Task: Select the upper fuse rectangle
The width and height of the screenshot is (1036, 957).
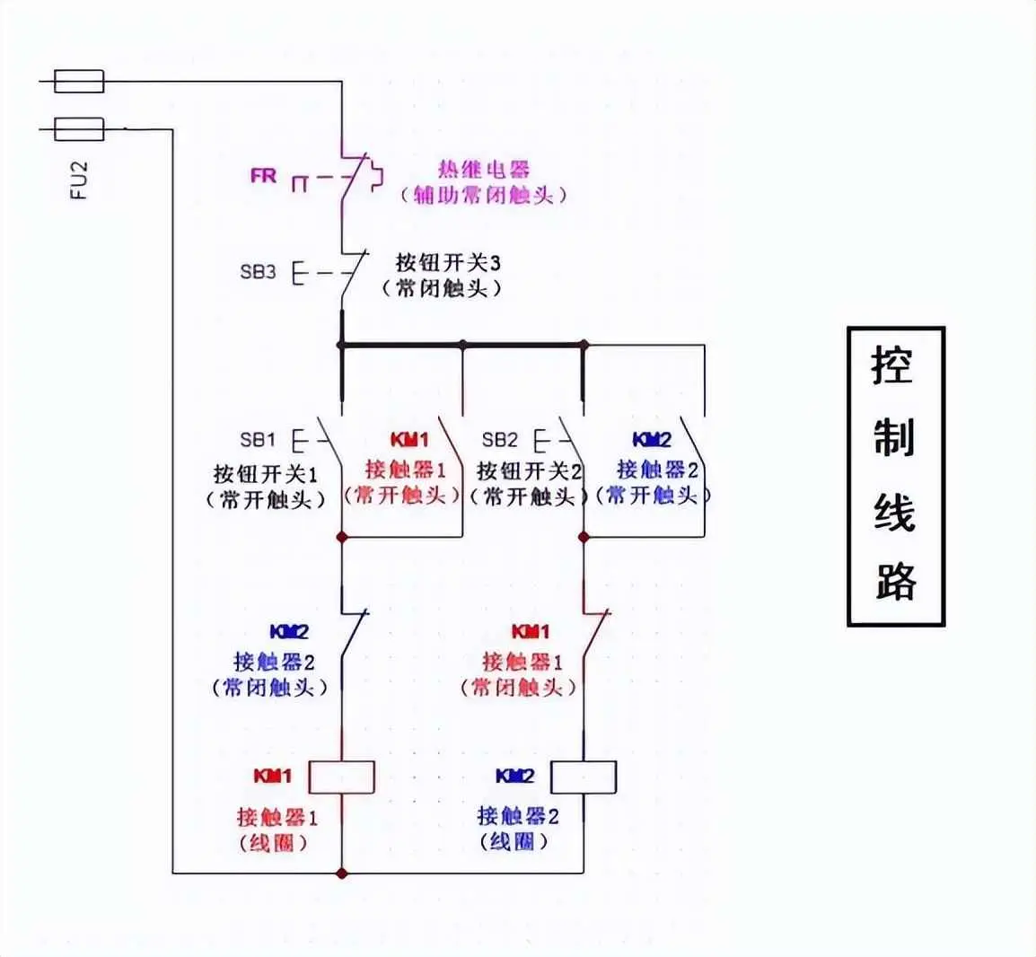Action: tap(79, 82)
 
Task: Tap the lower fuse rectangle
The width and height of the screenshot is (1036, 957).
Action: tap(79, 129)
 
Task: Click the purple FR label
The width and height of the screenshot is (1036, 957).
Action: tap(263, 176)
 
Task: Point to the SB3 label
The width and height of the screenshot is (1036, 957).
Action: tap(258, 271)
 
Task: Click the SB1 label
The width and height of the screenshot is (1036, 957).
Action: tap(258, 440)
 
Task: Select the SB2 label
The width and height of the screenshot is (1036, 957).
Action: tap(500, 440)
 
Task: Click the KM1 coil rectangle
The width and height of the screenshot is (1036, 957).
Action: tap(341, 777)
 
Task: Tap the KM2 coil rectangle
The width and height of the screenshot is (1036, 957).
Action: tap(584, 777)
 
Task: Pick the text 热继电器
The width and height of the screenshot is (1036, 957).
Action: tap(484, 169)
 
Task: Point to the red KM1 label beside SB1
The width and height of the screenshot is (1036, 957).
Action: tap(409, 440)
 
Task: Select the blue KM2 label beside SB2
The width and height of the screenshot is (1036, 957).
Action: tap(652, 440)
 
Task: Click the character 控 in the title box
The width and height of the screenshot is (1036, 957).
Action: tap(894, 366)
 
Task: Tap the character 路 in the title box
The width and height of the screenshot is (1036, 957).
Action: tap(894, 581)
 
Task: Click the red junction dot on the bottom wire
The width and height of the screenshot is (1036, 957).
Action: tap(341, 873)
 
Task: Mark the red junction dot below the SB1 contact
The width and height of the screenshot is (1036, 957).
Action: tap(341, 537)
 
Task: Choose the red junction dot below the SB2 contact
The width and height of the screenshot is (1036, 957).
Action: tap(584, 537)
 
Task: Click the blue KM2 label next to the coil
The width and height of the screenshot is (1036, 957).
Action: tap(514, 776)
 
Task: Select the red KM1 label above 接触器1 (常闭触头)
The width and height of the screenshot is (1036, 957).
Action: tap(531, 632)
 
